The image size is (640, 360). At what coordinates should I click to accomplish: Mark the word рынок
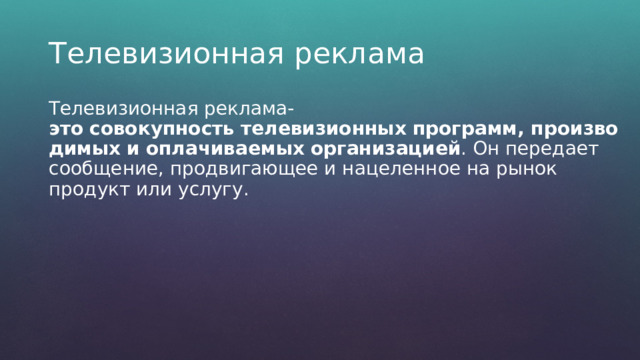(x=556, y=170)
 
